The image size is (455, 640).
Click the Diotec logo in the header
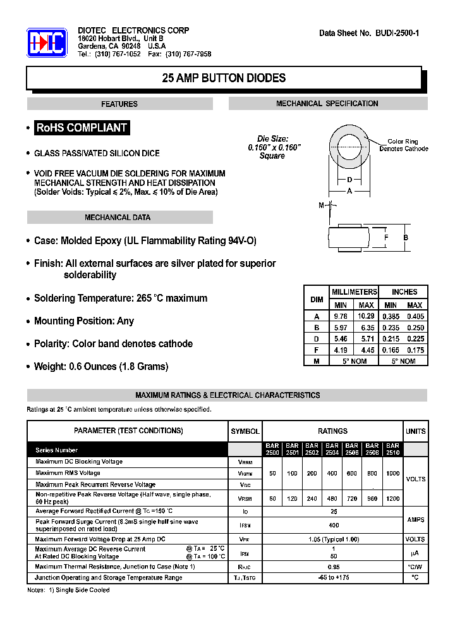pos(47,42)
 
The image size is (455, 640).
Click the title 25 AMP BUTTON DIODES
pos(224,78)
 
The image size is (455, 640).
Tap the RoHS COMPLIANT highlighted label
pos(82,128)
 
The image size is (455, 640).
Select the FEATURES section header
pos(119,104)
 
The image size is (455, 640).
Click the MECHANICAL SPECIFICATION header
pos(327,104)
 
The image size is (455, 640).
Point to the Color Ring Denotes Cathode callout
pos(403,145)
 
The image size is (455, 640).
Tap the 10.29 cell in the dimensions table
pos(366,316)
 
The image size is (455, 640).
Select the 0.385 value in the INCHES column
pos(391,316)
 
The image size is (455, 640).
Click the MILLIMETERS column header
pos(355,292)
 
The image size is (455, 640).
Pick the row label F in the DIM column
pos(317,350)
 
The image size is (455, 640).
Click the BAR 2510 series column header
pos(392,449)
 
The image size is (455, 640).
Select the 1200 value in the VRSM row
pos(392,498)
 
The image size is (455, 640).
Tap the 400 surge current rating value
pos(333,525)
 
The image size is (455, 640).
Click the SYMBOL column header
pos(245,431)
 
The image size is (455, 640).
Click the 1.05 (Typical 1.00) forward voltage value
pos(333,539)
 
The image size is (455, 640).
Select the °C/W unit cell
pos(415,567)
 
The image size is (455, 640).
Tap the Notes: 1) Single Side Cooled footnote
pos(68,590)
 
